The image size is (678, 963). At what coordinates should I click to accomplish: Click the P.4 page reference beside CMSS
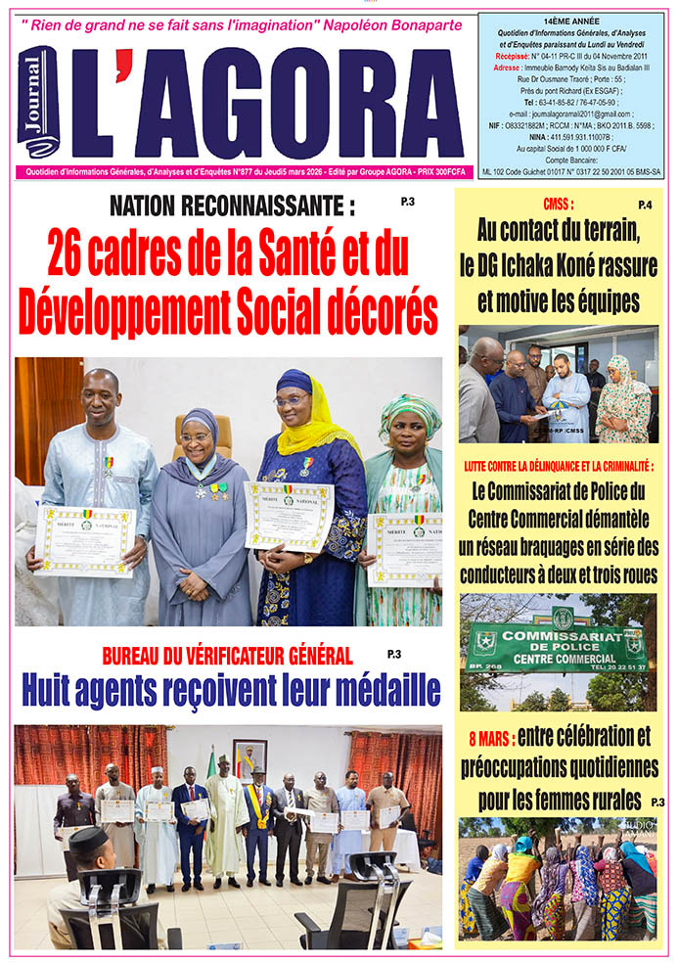click(645, 205)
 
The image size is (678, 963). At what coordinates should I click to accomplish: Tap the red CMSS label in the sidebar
click(558, 206)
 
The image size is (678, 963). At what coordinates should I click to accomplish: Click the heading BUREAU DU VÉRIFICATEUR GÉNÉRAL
click(227, 656)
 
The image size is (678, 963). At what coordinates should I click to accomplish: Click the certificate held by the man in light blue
click(83, 539)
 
